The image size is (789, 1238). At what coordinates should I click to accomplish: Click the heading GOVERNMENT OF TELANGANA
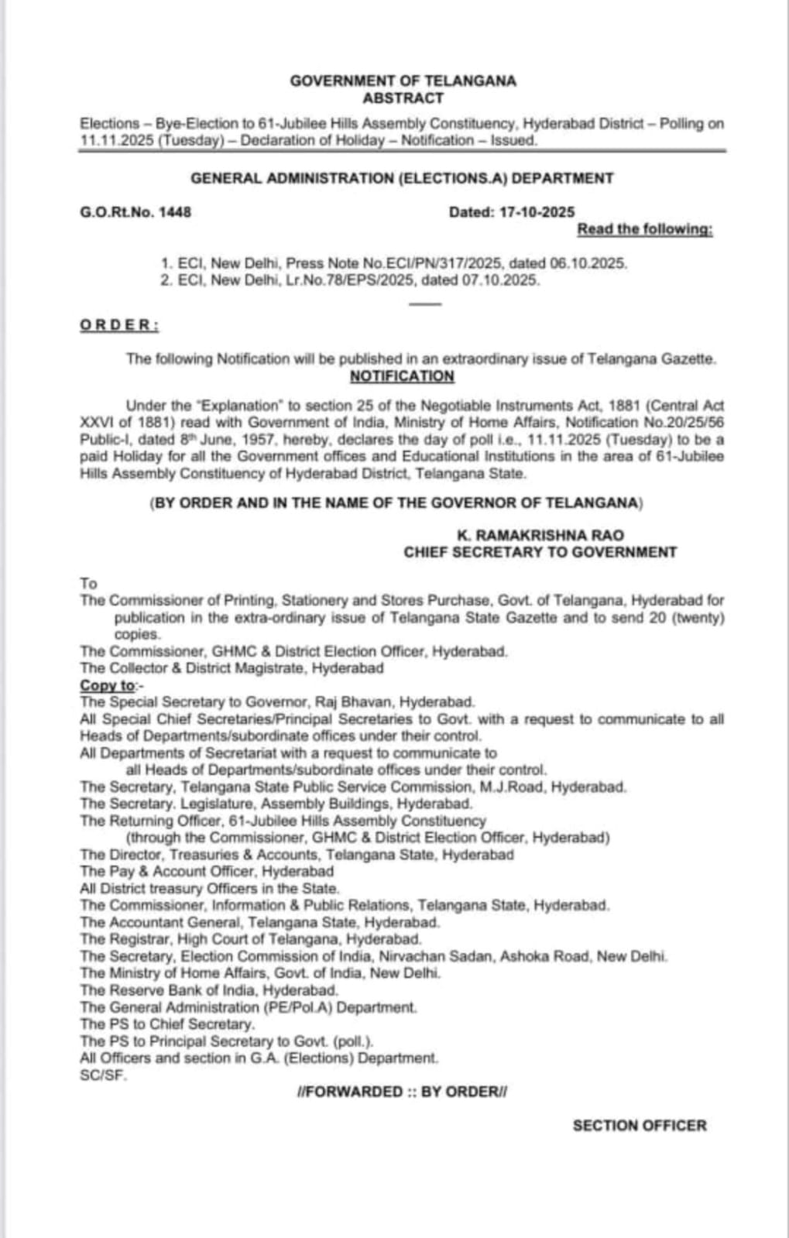[x=403, y=81]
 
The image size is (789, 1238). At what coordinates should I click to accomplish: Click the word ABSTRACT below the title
[x=403, y=98]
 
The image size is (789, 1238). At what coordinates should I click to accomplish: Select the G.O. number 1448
[x=175, y=212]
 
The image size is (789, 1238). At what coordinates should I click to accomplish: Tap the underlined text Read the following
[x=645, y=229]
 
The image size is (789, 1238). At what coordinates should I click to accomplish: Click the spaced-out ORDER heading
[x=119, y=325]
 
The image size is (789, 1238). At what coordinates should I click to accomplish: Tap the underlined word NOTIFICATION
[x=402, y=376]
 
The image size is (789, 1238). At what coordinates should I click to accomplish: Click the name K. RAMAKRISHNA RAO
[x=540, y=535]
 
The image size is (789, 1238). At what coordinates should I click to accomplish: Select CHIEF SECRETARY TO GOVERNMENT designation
[x=540, y=552]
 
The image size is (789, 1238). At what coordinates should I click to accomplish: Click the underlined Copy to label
[x=108, y=685]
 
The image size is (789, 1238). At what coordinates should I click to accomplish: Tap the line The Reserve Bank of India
[x=209, y=990]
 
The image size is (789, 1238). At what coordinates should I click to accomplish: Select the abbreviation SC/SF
[x=103, y=1075]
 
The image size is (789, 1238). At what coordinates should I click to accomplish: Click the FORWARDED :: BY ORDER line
[x=402, y=1092]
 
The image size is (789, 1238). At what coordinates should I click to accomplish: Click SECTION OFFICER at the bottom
[x=640, y=1126]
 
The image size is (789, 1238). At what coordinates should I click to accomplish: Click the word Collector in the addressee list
[x=140, y=668]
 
